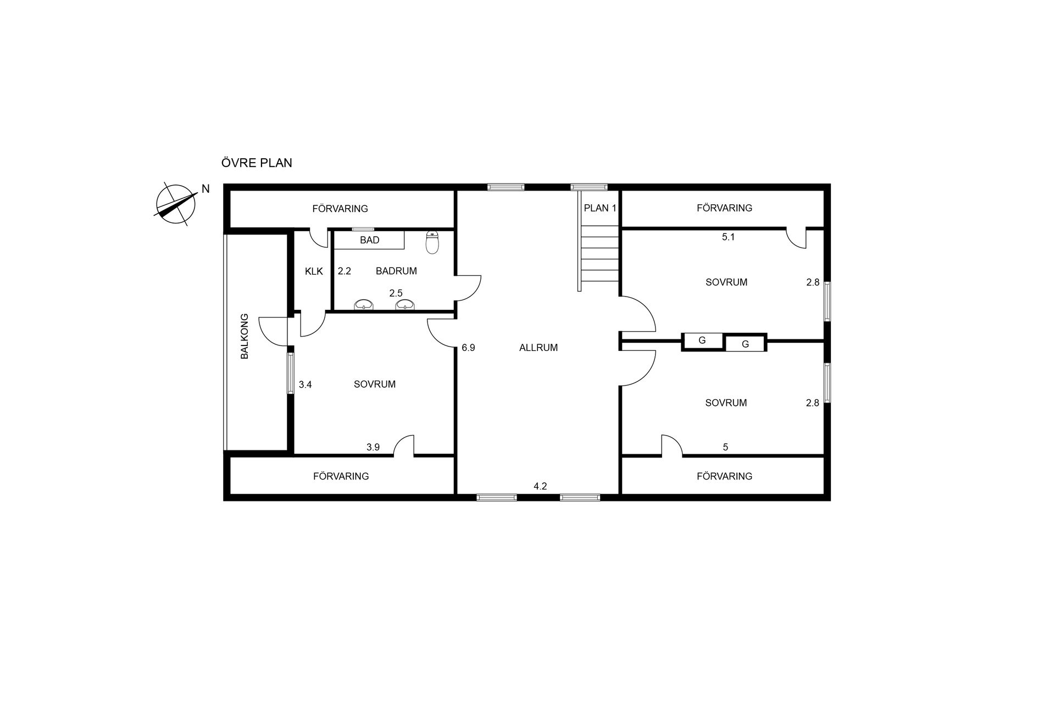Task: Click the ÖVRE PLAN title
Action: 257,163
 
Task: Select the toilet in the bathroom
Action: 433,242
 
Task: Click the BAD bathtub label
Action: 370,240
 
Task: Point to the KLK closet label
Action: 314,271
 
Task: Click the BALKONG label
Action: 245,336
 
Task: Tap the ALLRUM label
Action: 538,348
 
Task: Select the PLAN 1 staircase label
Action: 600,208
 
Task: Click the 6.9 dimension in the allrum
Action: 468,348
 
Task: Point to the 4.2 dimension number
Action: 540,486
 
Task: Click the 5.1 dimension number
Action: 728,237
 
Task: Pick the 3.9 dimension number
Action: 373,447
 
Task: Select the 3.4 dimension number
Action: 306,385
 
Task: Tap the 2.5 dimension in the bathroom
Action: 396,293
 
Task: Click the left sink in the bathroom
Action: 363,305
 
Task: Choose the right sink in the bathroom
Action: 405,305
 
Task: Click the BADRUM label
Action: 396,271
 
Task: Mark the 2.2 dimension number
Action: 345,271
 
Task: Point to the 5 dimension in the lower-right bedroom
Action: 725,447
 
